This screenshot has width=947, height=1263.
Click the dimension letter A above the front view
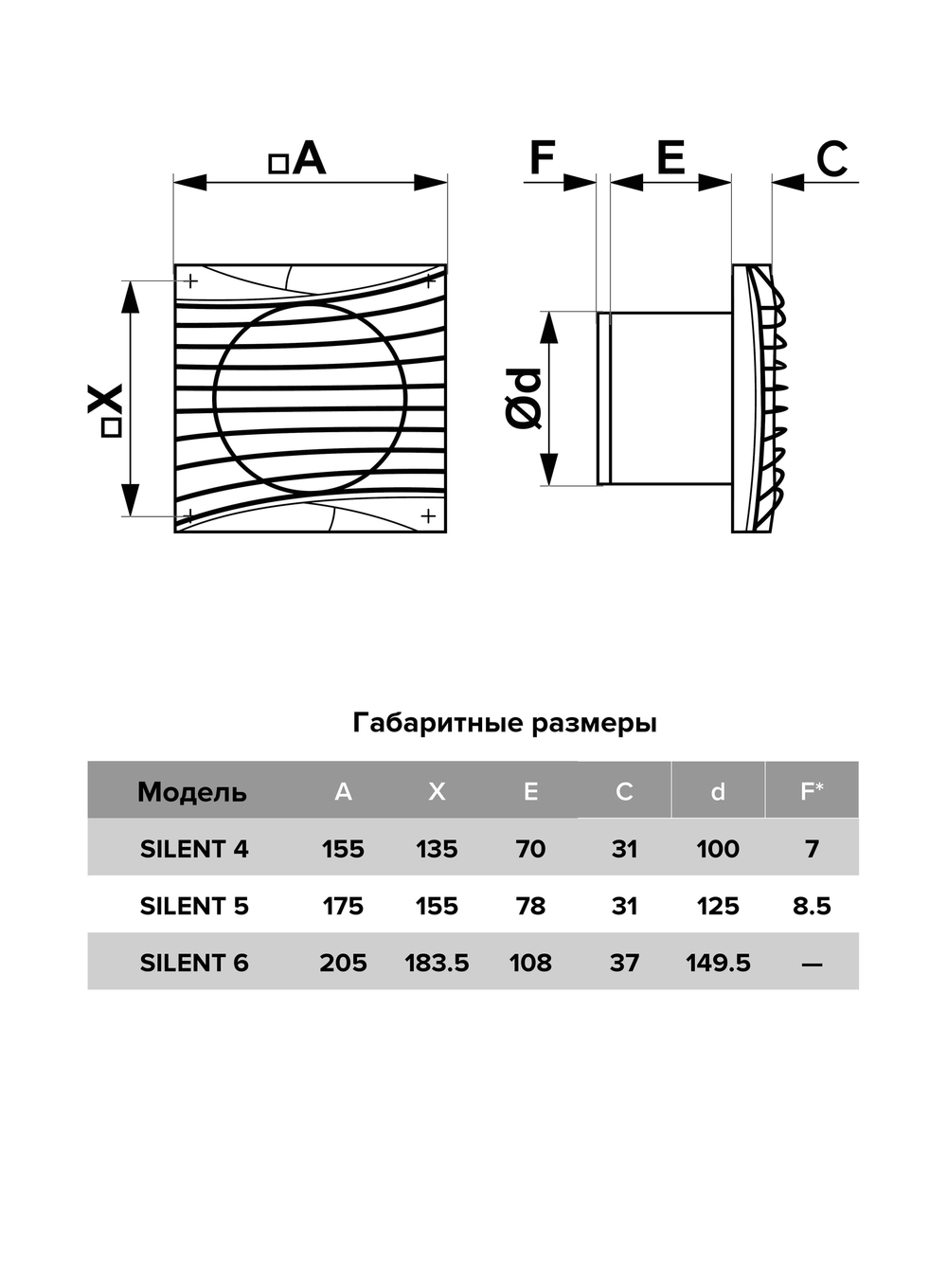[x=309, y=158]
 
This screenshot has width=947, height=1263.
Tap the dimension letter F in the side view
[x=542, y=158]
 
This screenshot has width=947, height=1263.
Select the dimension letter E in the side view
[x=670, y=158]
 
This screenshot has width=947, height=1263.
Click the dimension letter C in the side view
[x=831, y=159]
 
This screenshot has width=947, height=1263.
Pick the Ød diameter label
[x=524, y=399]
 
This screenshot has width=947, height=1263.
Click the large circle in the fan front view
[x=311, y=398]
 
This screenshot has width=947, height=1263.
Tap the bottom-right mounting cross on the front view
[x=428, y=515]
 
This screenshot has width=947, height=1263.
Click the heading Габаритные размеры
[x=505, y=723]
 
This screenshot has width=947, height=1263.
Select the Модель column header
[x=192, y=791]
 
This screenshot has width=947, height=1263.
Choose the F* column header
[x=812, y=790]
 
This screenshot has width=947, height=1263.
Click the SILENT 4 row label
[x=194, y=849]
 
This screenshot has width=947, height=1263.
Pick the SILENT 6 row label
[x=194, y=963]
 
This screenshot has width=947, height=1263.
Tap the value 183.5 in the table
[x=437, y=963]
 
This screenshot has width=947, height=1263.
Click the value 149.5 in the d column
[x=718, y=963]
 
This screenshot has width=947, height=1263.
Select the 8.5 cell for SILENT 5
[x=812, y=906]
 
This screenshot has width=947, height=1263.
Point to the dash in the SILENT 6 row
[x=812, y=965]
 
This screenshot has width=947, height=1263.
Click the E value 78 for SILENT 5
[x=530, y=906]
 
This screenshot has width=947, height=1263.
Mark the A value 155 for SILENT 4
[x=343, y=849]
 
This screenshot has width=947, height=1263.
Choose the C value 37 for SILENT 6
[x=624, y=963]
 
